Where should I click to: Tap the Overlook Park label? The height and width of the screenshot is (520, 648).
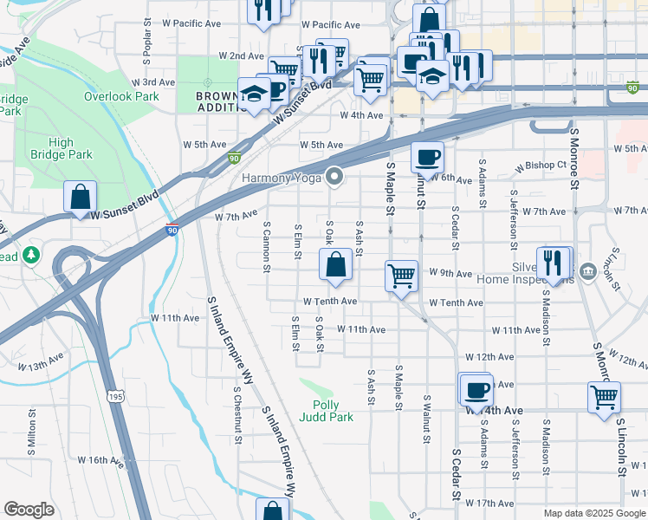[121, 96]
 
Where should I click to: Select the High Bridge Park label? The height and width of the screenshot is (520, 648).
[62, 148]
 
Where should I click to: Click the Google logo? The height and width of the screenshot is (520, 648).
[29, 510]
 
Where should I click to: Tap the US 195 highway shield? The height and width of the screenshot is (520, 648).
[115, 396]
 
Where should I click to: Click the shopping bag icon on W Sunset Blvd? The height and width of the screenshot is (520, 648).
[80, 197]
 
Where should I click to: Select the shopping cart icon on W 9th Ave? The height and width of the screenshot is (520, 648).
[401, 276]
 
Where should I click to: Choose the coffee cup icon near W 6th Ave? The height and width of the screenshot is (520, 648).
[427, 158]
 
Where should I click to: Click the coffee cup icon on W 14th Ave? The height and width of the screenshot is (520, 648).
[476, 389]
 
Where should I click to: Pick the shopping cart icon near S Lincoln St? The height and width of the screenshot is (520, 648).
[604, 398]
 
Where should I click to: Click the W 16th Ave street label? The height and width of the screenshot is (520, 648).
[101, 459]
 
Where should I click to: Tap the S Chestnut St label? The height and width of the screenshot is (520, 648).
[237, 415]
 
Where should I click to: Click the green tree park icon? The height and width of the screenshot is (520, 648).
[32, 255]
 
